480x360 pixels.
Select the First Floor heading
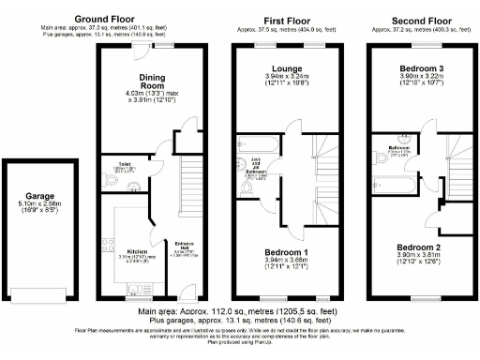point(288,19)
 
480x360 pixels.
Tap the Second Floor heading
point(416,19)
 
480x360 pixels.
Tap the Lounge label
point(287,69)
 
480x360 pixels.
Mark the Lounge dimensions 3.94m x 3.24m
point(287,78)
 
